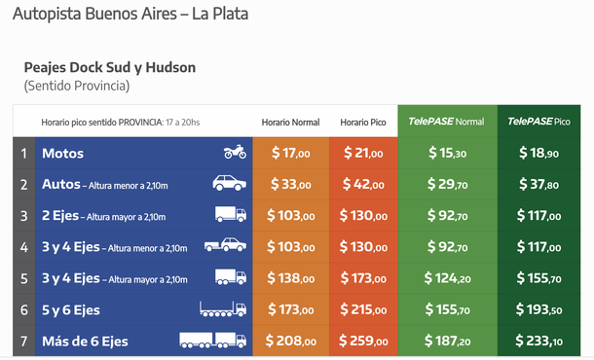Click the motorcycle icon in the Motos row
234,153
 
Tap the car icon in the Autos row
230,184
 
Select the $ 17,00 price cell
290,153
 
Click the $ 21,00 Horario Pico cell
363,153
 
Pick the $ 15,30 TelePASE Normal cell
447,153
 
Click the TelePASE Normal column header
446,122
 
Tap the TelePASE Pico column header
538,122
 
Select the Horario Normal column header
290,122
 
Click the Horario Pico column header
363,122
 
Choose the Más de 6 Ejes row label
85,342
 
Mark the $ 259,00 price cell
363,342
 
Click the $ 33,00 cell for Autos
290,184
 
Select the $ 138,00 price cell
290,278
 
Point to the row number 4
24,247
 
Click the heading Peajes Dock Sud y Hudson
109,67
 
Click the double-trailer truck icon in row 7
212,341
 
